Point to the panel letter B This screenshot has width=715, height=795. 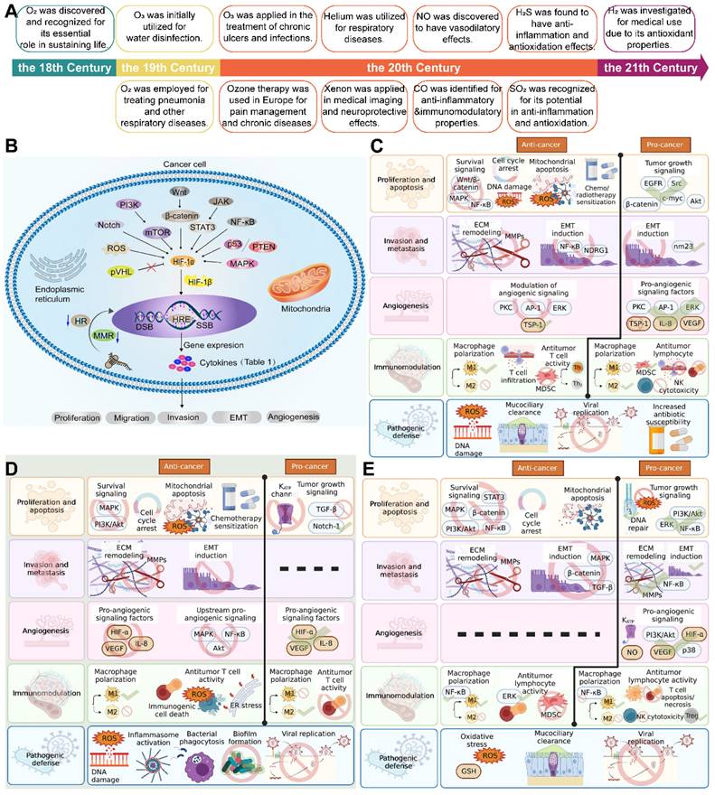click(12, 146)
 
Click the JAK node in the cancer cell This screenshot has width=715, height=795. click(221, 201)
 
